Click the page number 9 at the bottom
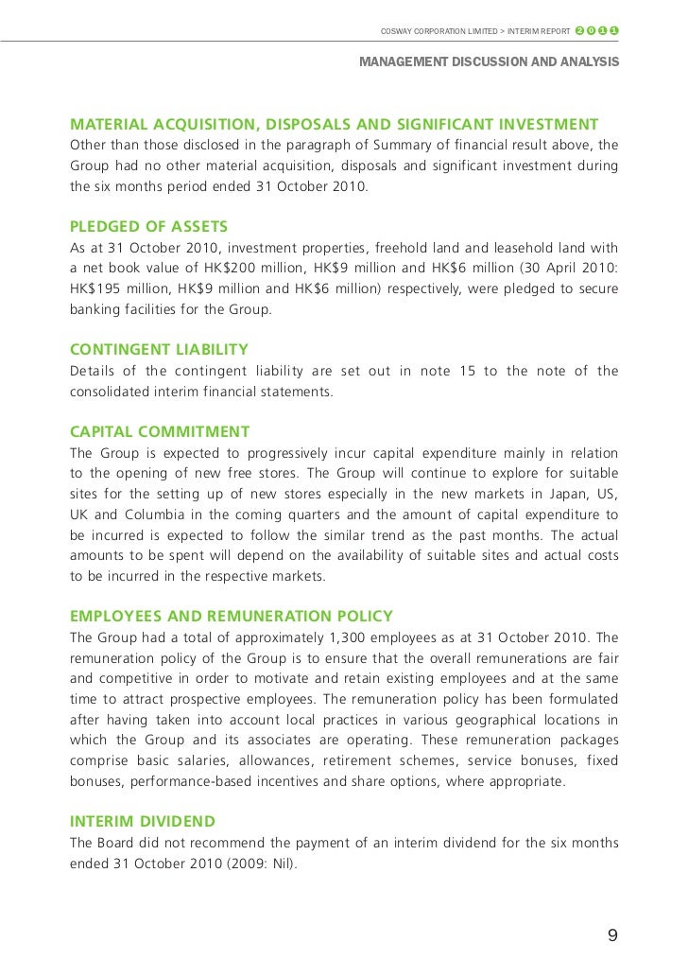click(x=612, y=936)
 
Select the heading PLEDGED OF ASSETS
click(x=149, y=227)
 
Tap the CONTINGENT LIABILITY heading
click(x=160, y=350)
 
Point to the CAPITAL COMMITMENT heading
click(x=160, y=432)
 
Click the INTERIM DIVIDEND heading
click(x=143, y=821)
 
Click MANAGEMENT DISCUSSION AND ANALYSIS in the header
click(x=490, y=62)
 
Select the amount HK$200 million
click(x=238, y=269)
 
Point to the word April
click(x=554, y=269)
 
